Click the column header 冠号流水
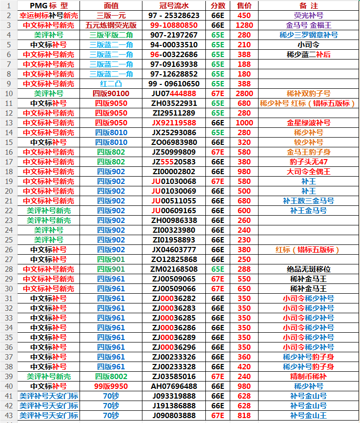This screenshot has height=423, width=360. coord(174,6)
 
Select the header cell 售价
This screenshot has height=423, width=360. coord(244,6)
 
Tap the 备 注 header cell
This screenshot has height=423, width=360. coord(308,6)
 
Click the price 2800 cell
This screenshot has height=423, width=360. coord(244,93)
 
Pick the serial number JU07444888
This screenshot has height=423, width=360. coord(174,93)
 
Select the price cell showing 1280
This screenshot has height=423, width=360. coord(244,25)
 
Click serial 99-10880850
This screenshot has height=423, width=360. coord(174,25)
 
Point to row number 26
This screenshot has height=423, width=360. coord(8,249)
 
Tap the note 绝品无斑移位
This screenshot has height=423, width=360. coord(308,269)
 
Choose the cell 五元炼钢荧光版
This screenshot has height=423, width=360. coord(111,25)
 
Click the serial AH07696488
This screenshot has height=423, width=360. coord(174,386)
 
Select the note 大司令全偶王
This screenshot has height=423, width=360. coord(308,171)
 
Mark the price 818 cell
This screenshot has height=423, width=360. coord(244,415)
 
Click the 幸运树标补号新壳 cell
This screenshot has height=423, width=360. coord(48,16)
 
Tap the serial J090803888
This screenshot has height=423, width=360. coord(174,415)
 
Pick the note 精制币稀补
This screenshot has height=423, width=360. coord(308,376)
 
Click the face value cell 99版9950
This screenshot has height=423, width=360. coord(111,386)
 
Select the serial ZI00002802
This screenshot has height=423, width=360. coord(174,171)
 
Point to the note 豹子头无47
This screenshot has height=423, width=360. coord(308,161)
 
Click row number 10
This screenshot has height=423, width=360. coord(8,93)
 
